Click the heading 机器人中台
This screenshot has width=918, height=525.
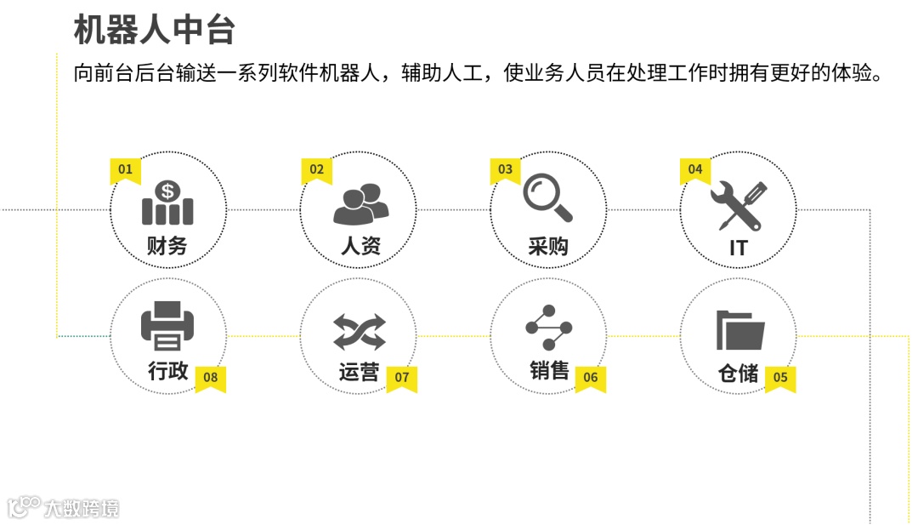point(154,31)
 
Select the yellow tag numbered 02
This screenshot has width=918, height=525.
point(316,170)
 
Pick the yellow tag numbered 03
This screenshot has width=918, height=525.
point(506,170)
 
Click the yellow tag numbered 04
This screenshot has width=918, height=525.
point(695,170)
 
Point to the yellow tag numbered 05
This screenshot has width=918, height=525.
point(780,378)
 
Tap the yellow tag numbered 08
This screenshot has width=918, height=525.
point(211,378)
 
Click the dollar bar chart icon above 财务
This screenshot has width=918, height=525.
point(167,203)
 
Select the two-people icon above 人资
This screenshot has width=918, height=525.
point(360,204)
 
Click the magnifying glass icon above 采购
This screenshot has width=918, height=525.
point(547,198)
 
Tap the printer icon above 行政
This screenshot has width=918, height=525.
point(167,327)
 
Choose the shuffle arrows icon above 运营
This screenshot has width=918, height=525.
point(359,332)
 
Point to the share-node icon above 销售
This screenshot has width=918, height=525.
point(548,327)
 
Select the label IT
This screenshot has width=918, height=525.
point(738,248)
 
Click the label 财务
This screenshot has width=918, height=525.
point(167,247)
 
